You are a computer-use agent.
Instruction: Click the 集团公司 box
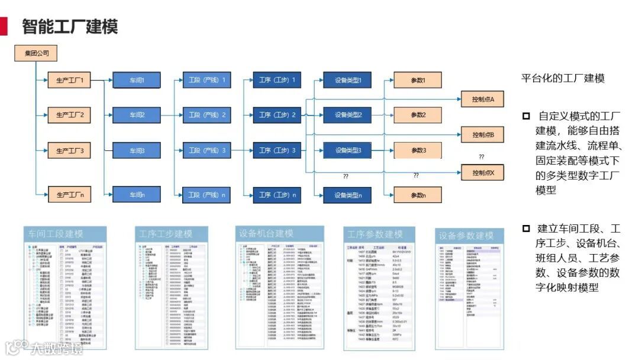(37, 54)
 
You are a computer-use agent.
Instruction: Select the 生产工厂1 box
(70, 80)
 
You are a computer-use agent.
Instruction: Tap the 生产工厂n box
(70, 194)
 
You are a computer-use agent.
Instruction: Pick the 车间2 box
(137, 115)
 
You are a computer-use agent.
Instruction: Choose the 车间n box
(137, 194)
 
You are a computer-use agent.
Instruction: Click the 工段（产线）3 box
(206, 151)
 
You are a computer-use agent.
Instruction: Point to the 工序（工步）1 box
(277, 80)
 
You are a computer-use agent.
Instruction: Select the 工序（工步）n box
(277, 194)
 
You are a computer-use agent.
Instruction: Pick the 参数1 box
(418, 80)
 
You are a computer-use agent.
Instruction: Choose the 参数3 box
(418, 150)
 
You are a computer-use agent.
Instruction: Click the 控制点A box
(483, 98)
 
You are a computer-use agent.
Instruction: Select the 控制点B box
(483, 135)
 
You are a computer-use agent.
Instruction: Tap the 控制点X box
(483, 173)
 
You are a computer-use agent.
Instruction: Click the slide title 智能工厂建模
(70, 27)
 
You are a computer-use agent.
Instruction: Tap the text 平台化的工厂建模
(562, 79)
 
